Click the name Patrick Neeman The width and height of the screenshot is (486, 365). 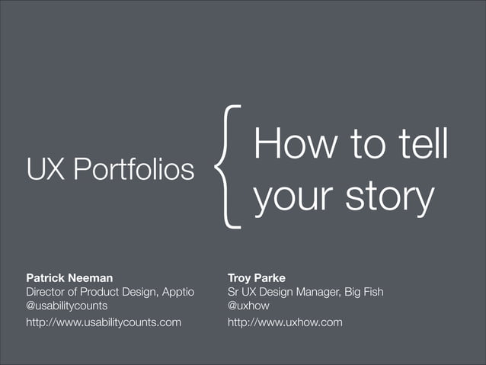click(x=69, y=278)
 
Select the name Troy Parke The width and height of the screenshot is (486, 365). click(x=257, y=278)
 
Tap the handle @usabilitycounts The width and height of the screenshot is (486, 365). click(x=66, y=306)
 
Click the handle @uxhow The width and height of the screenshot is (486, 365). click(x=248, y=306)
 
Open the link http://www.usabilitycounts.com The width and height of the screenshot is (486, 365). click(x=104, y=322)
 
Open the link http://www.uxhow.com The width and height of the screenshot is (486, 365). click(x=285, y=322)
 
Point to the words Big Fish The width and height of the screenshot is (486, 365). click(x=362, y=292)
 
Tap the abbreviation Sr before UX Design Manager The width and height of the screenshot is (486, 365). click(x=234, y=292)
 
